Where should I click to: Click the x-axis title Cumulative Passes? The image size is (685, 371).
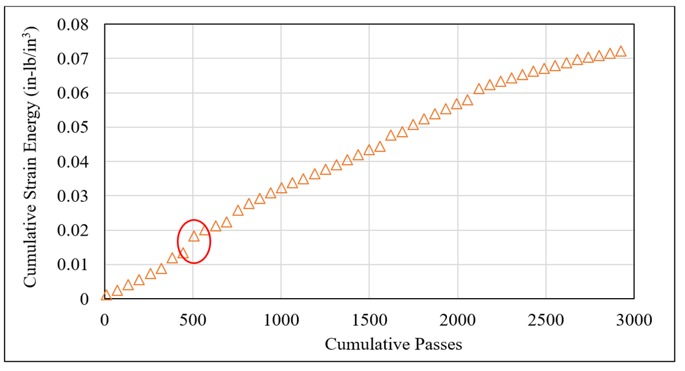(393, 344)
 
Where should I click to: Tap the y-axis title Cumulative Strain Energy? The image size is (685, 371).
(30, 157)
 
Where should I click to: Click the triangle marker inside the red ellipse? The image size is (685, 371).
(194, 236)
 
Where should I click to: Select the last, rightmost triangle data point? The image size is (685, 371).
(621, 51)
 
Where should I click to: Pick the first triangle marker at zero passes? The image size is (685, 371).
(106, 295)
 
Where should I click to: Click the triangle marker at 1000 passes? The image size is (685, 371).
(281, 188)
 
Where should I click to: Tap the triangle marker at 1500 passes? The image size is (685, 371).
(369, 150)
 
